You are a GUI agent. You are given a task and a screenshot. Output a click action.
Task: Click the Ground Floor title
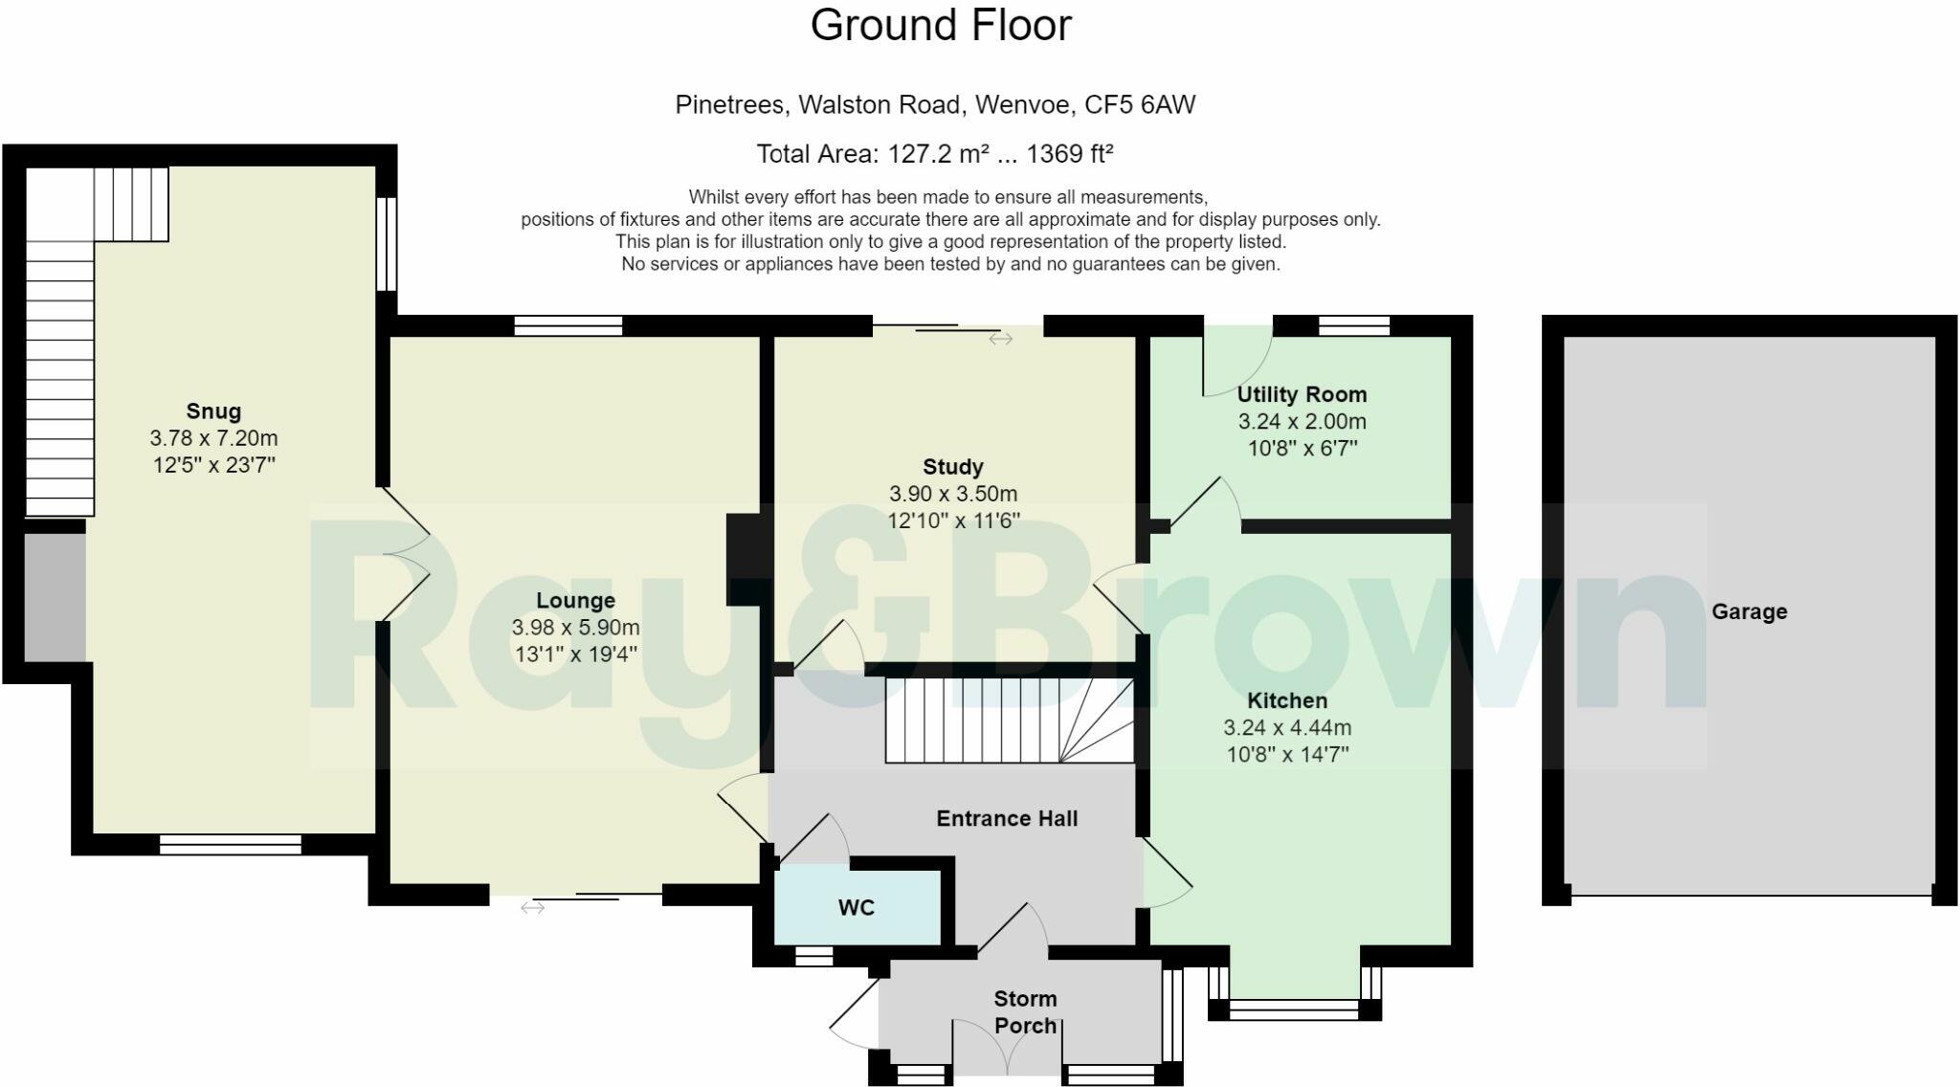941,25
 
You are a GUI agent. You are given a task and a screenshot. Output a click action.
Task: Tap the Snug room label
213,411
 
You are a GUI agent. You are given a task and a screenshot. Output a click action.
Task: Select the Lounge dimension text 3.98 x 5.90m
575,628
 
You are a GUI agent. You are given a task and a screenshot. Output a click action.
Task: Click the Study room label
952,467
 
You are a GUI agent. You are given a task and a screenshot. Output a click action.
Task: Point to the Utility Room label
1302,394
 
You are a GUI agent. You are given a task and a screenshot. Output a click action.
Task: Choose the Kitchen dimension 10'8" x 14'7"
1287,754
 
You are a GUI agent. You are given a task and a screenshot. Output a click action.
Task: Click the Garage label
1748,611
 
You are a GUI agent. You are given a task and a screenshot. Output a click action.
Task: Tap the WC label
856,907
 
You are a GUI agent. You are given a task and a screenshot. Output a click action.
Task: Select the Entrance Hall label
1007,818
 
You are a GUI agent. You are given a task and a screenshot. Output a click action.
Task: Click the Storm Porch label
1025,1011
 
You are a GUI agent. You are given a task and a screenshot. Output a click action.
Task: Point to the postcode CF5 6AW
1139,104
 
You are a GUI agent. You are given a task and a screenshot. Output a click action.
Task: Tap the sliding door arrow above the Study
1001,339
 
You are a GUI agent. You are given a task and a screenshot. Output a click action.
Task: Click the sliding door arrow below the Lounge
533,907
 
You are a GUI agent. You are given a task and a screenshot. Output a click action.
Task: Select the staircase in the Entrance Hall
1008,721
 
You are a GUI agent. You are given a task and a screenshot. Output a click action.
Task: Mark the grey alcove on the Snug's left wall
55,597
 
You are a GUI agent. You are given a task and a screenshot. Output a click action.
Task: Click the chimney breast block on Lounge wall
744,559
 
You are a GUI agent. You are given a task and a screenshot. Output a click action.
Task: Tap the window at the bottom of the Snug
230,844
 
